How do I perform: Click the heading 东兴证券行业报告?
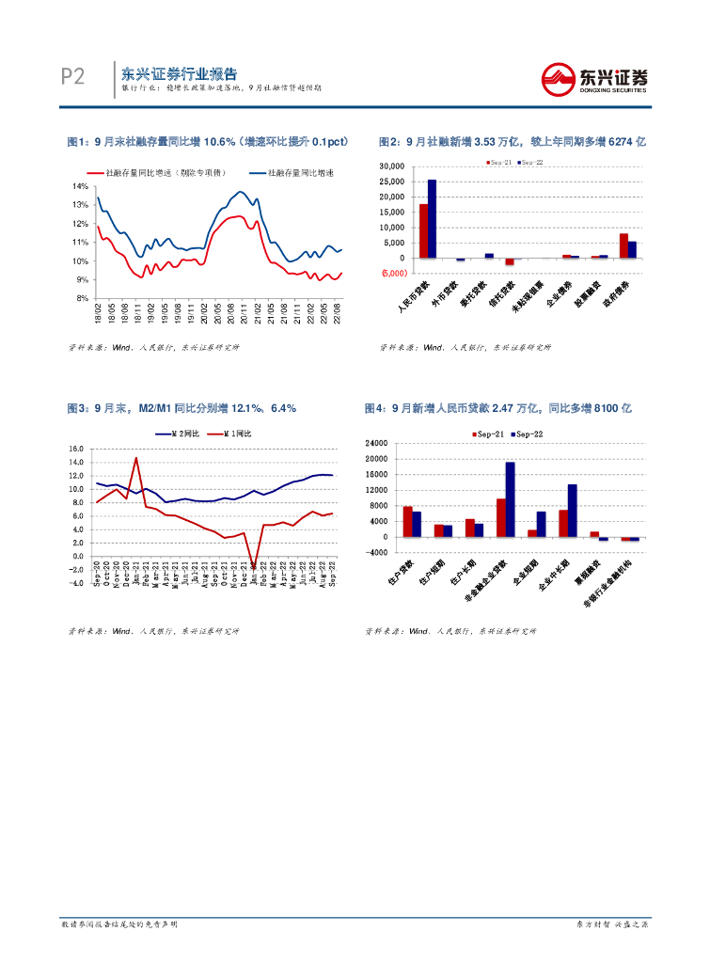[179, 73]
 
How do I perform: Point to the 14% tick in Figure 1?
[80, 186]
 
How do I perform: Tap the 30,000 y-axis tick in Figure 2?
[391, 166]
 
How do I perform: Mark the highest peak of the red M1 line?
[136, 459]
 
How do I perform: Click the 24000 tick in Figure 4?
[375, 443]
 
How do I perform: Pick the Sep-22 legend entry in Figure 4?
[533, 434]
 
